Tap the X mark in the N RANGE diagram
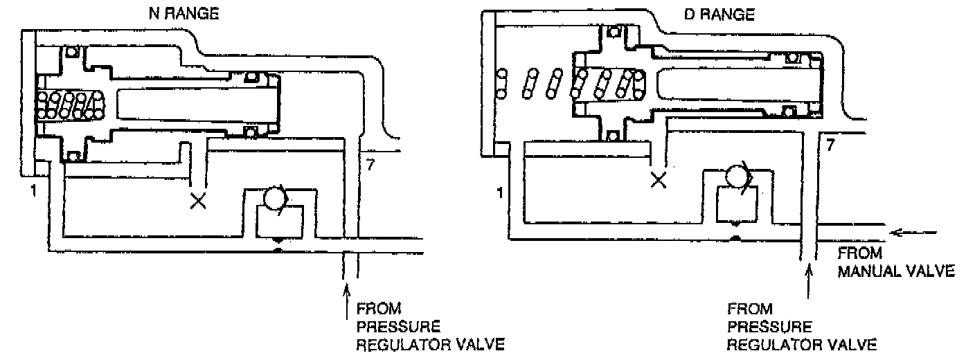[199, 201]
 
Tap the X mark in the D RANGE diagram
[659, 181]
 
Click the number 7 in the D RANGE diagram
[830, 145]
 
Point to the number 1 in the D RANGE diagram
[499, 192]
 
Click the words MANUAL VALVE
[896, 271]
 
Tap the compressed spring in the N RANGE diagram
[68, 105]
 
